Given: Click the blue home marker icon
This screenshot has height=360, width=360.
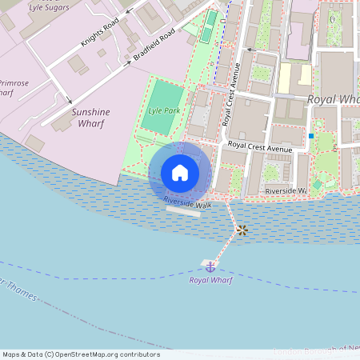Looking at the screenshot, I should click(180, 172).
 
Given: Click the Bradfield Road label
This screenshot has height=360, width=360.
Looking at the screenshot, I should click(154, 46).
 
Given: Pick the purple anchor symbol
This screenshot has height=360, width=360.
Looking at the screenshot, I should click(210, 266).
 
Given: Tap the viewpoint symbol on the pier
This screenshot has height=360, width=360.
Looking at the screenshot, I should click(242, 230).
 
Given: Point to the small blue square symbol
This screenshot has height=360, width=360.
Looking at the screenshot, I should click(310, 137).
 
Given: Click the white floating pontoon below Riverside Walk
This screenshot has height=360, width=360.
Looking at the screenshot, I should click(183, 212).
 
